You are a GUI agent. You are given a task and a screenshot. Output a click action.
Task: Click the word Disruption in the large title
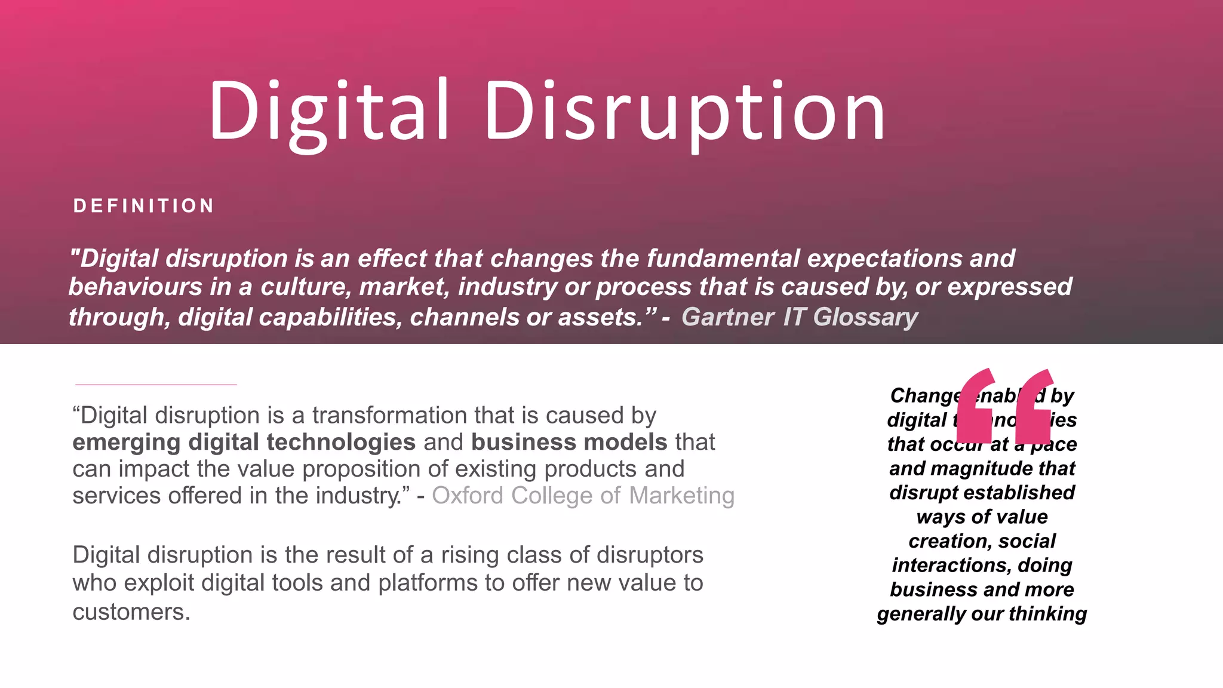click(684, 112)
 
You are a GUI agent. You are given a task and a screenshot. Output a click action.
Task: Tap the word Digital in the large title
click(328, 112)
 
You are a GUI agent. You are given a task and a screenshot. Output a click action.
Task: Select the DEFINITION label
click(143, 206)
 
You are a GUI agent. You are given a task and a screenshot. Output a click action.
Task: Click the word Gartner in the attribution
click(727, 317)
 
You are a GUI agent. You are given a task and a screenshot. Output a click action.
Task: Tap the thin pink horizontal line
click(156, 385)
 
